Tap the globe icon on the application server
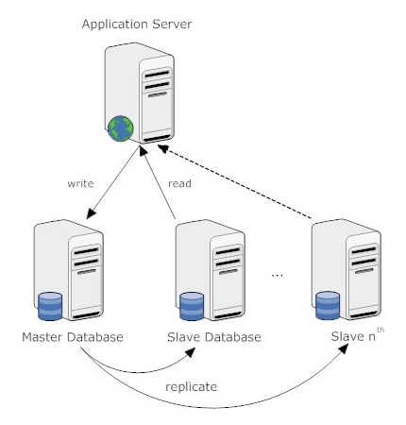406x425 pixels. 120,129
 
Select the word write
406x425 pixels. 80,183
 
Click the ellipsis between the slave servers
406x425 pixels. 277,276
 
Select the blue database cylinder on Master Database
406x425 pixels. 49,307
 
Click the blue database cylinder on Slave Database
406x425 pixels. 192,307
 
